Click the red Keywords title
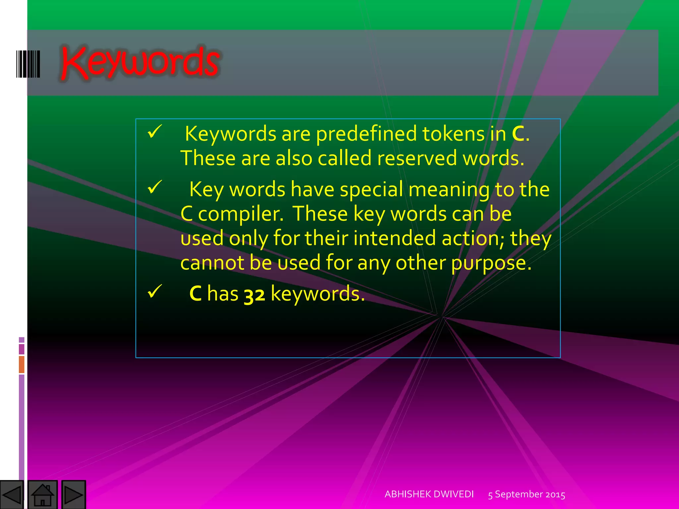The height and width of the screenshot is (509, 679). pyautogui.click(x=140, y=63)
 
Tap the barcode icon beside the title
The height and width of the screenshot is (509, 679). pyautogui.click(x=28, y=64)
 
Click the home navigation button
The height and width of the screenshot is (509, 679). pyautogui.click(x=42, y=495)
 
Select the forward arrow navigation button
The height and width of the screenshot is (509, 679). pyautogui.click(x=74, y=495)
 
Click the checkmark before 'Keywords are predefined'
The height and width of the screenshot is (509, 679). pyautogui.click(x=154, y=132)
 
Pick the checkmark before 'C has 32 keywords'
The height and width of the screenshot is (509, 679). pyautogui.click(x=154, y=292)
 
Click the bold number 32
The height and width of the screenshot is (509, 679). pyautogui.click(x=254, y=294)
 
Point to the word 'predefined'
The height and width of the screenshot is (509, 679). pyautogui.click(x=366, y=134)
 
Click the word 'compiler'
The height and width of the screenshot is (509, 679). pyautogui.click(x=240, y=214)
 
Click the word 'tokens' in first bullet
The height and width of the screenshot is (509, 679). pyautogui.click(x=453, y=134)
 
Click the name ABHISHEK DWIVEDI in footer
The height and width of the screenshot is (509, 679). pyautogui.click(x=429, y=494)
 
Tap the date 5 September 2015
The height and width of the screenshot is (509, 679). pyautogui.click(x=526, y=494)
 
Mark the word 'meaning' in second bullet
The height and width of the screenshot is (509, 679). pyautogui.click(x=449, y=190)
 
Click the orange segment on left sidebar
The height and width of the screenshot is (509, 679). pyautogui.click(x=22, y=364)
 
